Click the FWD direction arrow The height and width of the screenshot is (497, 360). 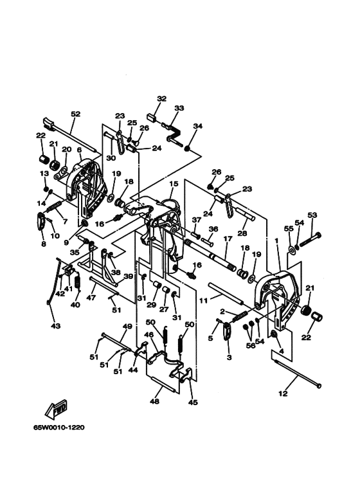[57, 409]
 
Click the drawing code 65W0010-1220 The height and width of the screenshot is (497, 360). [59, 428]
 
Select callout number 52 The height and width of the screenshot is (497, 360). [75, 114]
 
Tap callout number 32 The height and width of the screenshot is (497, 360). [161, 98]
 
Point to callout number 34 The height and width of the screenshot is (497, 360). [197, 126]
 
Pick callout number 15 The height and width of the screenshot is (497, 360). [174, 183]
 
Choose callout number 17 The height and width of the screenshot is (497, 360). [228, 239]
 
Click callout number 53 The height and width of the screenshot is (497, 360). [312, 215]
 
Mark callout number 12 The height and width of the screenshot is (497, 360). [283, 393]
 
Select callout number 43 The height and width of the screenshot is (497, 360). [55, 326]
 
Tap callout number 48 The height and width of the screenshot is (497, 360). [155, 401]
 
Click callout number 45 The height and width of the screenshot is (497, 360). [193, 402]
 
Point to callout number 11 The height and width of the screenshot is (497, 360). [203, 300]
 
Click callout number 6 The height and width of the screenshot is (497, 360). [79, 150]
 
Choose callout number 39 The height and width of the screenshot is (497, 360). [128, 276]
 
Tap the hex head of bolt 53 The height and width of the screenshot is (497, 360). [318, 235]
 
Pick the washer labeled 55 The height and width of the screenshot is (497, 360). [292, 249]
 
